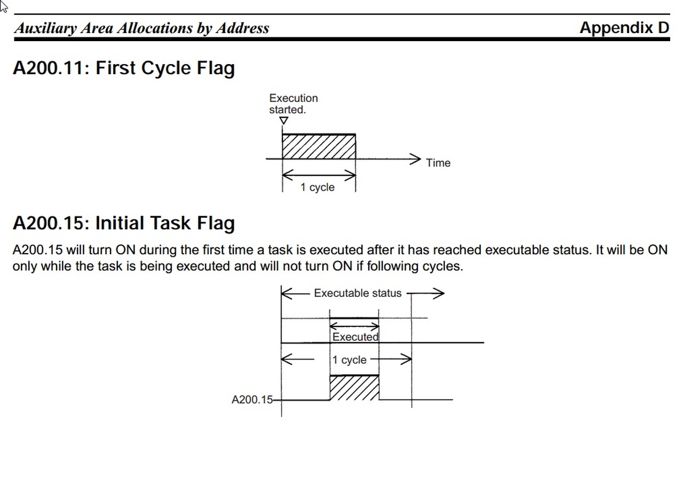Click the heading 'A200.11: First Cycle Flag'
point(124,68)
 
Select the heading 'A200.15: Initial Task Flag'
point(124,223)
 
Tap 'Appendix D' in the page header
point(624,28)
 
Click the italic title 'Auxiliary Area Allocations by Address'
point(142,28)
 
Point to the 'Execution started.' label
point(293,104)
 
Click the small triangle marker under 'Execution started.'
point(284,121)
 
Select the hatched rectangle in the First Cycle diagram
point(319,146)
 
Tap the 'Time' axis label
point(438,163)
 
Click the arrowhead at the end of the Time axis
point(416,159)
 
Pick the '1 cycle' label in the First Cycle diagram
point(317,187)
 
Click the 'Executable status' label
point(358,293)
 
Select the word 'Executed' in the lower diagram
point(355,337)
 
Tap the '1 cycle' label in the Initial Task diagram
point(350,360)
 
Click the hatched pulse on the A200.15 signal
point(355,388)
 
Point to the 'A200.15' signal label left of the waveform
point(252,400)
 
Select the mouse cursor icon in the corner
point(4,6)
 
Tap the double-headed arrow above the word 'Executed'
point(354,325)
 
